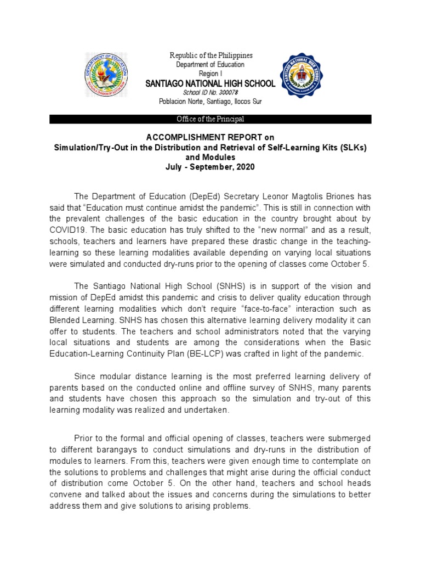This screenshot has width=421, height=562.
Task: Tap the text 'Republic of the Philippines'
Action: [211, 55]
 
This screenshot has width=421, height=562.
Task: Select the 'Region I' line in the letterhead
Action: [210, 74]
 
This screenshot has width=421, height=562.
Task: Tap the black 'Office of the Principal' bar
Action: [210, 119]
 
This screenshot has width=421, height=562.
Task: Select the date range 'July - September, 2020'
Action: [210, 167]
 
